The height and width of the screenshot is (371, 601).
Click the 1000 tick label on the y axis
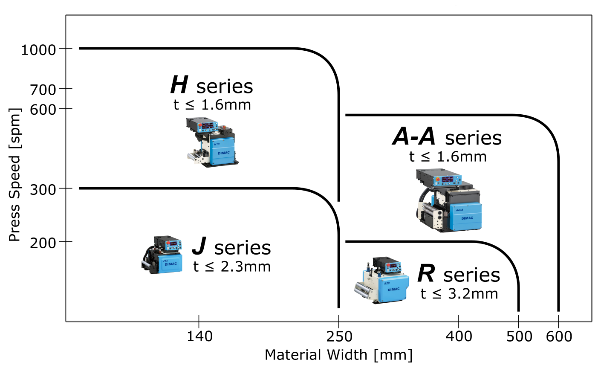tap(38, 50)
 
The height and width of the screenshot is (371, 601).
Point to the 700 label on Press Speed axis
tap(43, 90)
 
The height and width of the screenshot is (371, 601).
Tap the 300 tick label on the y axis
tap(43, 190)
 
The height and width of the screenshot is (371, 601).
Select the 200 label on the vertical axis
tap(43, 243)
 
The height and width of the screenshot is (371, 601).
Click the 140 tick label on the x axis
tap(199, 336)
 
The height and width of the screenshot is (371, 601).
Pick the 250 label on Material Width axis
tap(339, 336)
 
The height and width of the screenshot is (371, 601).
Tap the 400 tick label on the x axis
tap(459, 336)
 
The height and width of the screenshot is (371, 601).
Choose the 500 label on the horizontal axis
tap(519, 336)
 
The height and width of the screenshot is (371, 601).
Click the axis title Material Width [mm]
tap(338, 355)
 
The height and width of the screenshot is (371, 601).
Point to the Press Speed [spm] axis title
tap(15, 175)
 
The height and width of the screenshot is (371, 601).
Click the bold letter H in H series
tap(179, 84)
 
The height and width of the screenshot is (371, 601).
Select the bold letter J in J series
tap(199, 246)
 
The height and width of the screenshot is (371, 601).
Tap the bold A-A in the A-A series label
tap(413, 136)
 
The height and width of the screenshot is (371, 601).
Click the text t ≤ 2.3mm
tap(232, 267)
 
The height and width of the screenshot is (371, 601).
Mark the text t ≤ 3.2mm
tap(459, 293)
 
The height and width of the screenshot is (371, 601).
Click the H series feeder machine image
tap(212, 142)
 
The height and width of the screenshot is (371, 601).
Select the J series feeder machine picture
tap(162, 255)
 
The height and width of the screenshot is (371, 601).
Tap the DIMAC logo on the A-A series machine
tap(467, 218)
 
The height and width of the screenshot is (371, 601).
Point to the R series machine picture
tap(381, 280)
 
